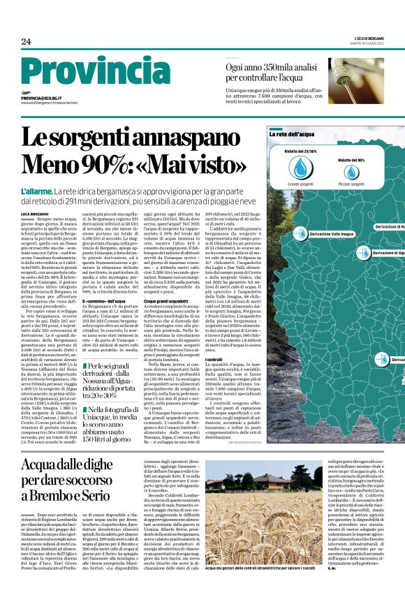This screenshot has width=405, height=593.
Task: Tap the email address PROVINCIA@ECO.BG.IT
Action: coord(41,98)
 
